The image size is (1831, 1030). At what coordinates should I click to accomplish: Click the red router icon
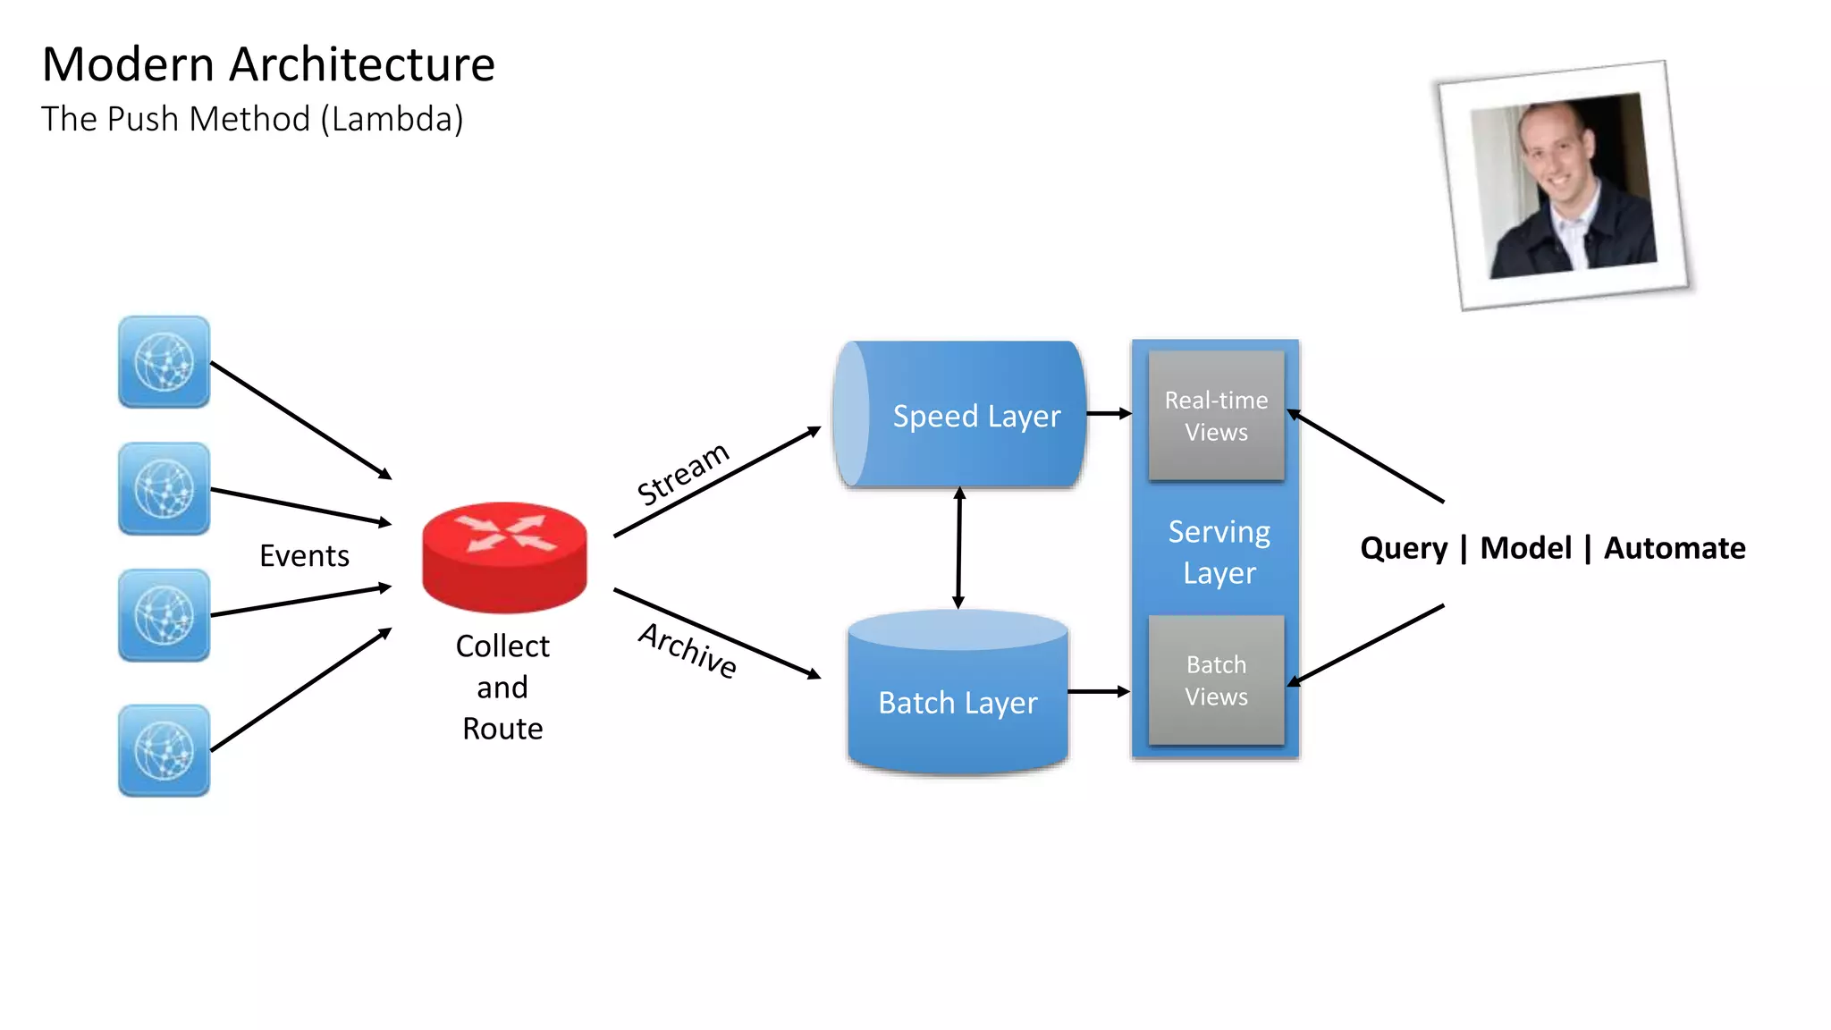pos(504,556)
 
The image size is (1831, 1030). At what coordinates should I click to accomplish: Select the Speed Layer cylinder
pos(959,415)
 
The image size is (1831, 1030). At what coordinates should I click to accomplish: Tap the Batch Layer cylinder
pos(958,702)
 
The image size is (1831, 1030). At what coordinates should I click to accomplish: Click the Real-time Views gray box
pos(1216,416)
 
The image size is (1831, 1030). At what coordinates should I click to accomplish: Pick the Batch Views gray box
pos(1216,680)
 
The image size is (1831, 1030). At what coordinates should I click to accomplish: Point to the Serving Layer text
pos(1219,552)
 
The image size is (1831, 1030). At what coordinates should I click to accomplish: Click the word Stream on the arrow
pos(683,474)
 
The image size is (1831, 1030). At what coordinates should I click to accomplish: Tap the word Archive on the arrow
pos(688,650)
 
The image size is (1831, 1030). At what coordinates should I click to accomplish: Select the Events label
pos(304,555)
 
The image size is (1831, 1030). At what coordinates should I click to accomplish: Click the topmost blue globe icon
pos(165,362)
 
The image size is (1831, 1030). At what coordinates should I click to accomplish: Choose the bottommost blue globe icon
pos(165,750)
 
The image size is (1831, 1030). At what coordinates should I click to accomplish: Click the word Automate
pos(1674,547)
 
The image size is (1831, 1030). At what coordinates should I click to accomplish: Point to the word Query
pos(1403,547)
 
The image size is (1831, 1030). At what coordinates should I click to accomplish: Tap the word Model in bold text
pos(1525,547)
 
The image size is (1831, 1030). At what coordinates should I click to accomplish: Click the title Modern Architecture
pos(268,64)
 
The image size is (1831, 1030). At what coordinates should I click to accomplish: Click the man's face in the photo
pos(1559,156)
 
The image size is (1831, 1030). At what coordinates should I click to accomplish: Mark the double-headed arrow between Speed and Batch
pos(959,548)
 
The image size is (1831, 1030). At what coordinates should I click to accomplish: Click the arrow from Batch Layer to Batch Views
pos(1099,691)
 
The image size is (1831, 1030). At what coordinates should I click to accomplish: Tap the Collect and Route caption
pos(502,687)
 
